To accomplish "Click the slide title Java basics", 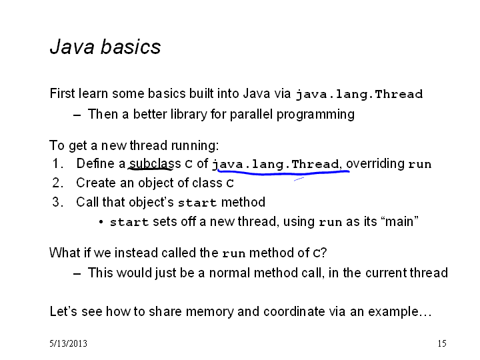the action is click(105, 47).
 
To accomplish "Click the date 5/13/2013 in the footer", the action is click(68, 343).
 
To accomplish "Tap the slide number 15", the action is click(442, 343).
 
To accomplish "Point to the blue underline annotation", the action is click(283, 173).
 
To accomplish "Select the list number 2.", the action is click(57, 183).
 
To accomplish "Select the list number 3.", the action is click(57, 202).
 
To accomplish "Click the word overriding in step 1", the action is click(375, 163).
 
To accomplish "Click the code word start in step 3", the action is click(197, 203).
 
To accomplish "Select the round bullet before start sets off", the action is click(101, 222).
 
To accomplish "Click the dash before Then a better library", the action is click(77, 115).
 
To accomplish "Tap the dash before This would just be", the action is click(77, 274).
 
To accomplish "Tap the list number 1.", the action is click(58, 163).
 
